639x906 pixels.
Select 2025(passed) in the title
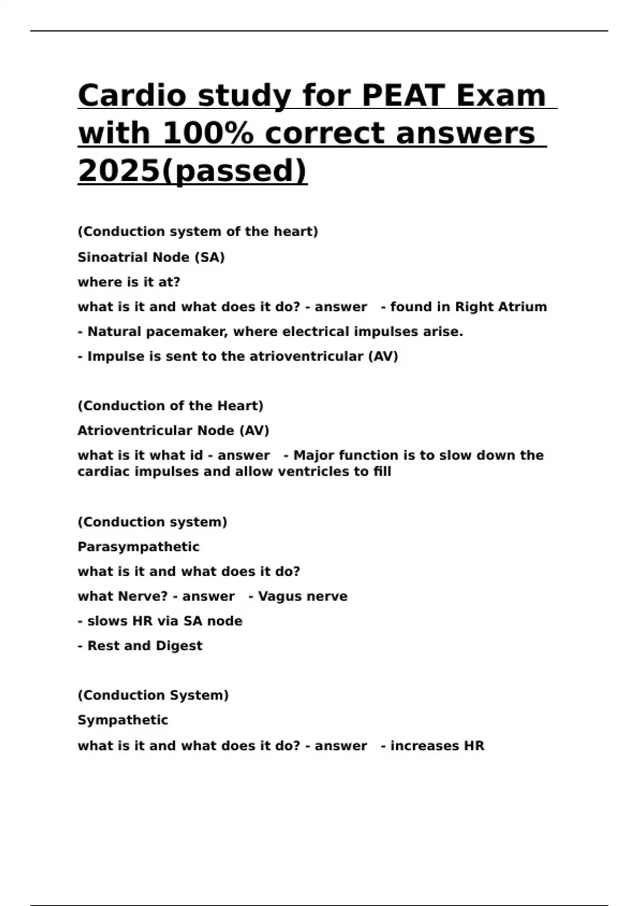point(192,171)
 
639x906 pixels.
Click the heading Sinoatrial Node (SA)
point(151,257)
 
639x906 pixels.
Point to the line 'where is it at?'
point(129,282)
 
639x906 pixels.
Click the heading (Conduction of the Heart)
point(170,406)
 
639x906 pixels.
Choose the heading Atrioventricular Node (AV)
point(173,430)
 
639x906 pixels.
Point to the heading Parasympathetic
point(138,547)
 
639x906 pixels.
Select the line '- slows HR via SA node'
point(160,621)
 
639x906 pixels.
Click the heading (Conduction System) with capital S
point(153,695)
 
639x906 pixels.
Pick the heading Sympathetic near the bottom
point(122,720)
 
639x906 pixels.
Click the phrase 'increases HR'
point(437,746)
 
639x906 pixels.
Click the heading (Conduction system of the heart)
point(198,232)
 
